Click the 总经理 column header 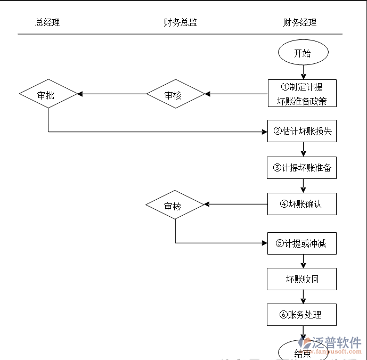tap(47, 22)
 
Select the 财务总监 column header tap(181, 22)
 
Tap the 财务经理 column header tap(300, 22)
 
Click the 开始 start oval tap(303, 53)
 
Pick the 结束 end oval tap(303, 353)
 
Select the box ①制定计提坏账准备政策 tap(302, 94)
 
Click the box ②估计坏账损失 tap(302, 131)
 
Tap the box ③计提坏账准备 tap(302, 168)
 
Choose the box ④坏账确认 tap(302, 204)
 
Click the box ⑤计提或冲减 tap(302, 243)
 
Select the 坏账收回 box tap(302, 279)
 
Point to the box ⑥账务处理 tap(302, 315)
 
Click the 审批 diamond tap(48, 94)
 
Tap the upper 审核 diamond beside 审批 tap(175, 94)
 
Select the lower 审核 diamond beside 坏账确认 tap(175, 205)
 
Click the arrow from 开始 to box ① tap(303, 72)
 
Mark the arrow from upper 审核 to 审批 tap(112, 94)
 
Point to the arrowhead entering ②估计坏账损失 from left tap(264, 132)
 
